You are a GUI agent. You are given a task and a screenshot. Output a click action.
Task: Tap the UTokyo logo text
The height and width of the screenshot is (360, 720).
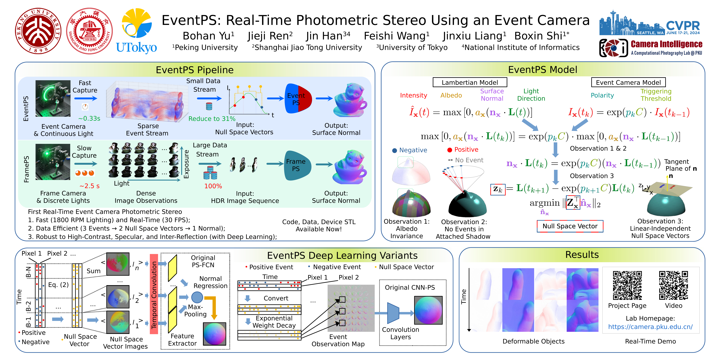136,48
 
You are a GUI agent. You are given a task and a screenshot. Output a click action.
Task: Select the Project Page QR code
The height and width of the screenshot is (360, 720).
627,285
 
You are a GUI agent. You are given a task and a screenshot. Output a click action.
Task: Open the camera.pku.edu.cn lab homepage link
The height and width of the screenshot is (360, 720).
650,327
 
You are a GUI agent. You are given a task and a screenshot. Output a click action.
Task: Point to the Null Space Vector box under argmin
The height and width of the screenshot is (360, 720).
570,226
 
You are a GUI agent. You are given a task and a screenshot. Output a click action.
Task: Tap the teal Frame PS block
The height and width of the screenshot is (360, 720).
297,165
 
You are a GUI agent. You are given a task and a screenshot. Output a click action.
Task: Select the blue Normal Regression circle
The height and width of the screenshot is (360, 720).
197,297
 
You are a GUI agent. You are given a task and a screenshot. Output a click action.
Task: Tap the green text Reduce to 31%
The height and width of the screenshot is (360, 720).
212,119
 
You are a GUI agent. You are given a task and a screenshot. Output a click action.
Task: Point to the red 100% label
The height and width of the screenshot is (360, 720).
213,186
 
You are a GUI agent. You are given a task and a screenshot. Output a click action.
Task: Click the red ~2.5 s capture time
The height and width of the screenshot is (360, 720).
89,186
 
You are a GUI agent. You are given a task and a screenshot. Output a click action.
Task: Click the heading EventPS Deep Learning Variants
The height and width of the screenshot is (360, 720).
342,255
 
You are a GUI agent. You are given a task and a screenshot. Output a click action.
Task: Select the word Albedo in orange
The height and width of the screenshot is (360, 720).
451,95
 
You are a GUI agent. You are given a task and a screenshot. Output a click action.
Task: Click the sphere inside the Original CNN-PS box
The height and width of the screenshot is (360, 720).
428,310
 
